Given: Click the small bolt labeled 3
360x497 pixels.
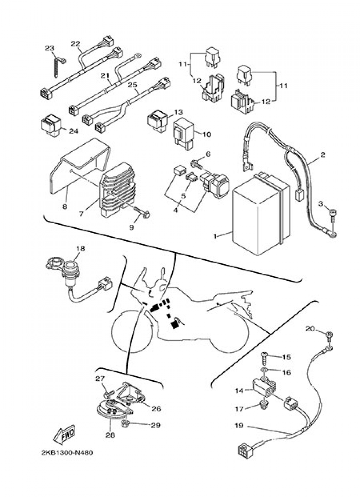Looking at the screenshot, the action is coord(333,217).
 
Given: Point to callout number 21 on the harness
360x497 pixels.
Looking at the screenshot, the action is coord(105,76).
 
